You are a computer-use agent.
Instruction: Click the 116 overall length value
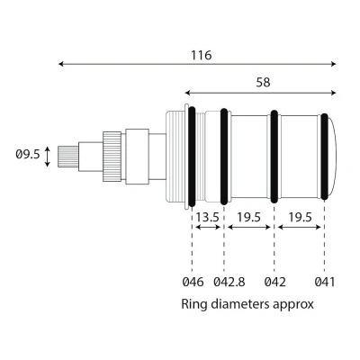point(201,55)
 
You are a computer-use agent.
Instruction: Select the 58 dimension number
point(263,82)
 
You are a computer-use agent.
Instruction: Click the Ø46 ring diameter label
point(193,282)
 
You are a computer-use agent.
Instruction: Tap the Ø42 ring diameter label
point(274,282)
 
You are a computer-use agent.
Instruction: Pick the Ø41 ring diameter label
point(325,282)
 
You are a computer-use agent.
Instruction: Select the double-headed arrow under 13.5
point(208,229)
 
